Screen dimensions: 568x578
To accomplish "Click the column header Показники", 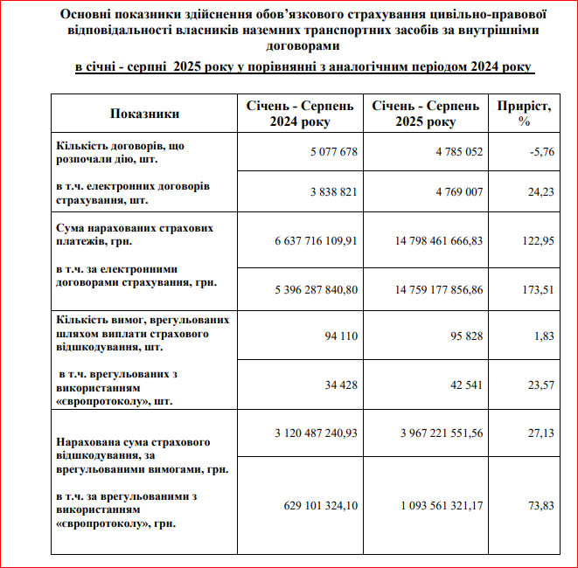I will (144, 114).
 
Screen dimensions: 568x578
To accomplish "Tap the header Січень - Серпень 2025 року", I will (426, 114).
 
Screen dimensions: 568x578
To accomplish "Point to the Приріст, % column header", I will (525, 114).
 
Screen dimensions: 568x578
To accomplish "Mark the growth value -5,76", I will (541, 152).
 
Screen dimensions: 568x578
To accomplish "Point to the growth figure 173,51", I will (539, 289).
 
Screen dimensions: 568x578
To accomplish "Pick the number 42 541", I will (464, 385).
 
